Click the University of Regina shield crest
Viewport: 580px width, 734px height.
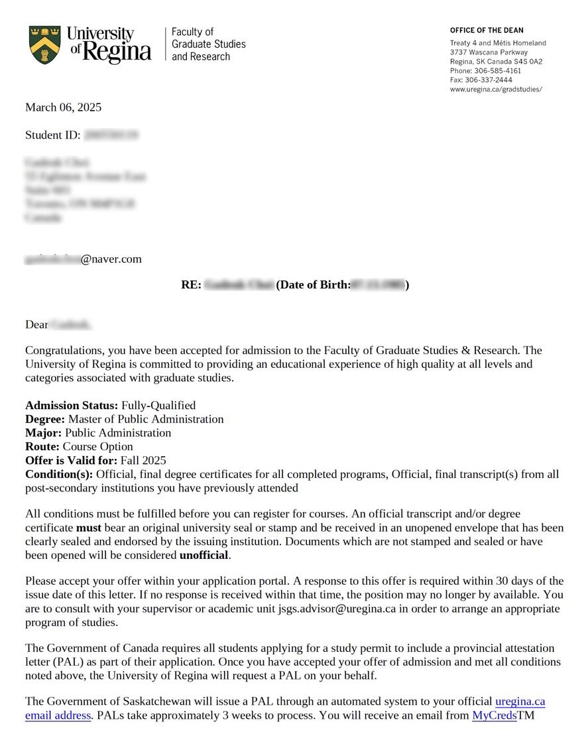point(45,44)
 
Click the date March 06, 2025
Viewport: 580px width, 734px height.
point(63,107)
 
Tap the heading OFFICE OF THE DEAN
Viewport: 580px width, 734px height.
point(487,31)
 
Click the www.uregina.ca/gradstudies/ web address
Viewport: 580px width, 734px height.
point(496,89)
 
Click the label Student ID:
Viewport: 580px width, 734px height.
point(53,135)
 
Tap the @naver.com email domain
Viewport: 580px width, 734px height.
point(111,259)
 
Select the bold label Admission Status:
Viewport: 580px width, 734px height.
point(72,405)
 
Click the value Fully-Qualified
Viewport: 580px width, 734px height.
point(158,405)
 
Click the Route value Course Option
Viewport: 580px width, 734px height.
point(98,447)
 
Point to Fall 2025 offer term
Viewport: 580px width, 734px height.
point(143,461)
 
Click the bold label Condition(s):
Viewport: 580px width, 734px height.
point(59,475)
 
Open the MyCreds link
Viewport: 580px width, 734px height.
point(494,716)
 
